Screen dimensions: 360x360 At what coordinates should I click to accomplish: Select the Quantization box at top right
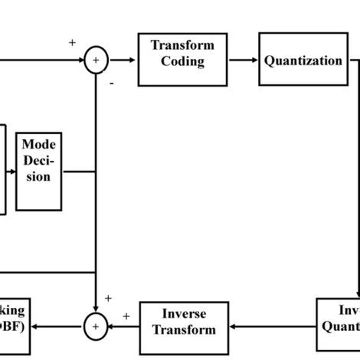tap(303, 59)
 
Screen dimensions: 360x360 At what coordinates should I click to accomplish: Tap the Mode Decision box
tap(38, 170)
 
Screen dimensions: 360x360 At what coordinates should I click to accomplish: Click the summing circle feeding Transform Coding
tap(96, 59)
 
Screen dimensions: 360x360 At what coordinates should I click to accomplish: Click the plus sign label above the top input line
tap(72, 43)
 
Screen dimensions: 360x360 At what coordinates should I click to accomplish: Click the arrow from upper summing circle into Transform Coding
tap(123, 59)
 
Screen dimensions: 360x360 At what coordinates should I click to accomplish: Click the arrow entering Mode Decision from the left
tap(11, 170)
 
